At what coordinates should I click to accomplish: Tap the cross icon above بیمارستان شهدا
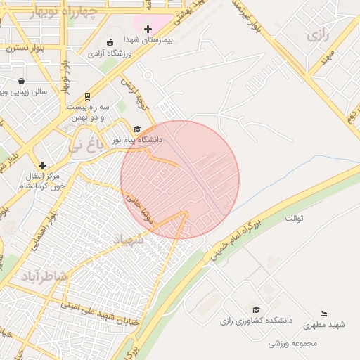pos(148,29)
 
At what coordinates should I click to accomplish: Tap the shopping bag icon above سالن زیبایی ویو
pos(21,81)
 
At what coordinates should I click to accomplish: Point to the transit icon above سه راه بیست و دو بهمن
pos(86,96)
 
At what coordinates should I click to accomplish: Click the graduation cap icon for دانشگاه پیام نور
pos(138,129)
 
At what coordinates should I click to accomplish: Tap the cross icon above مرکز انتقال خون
pos(42,165)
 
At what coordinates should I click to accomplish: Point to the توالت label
pos(294,217)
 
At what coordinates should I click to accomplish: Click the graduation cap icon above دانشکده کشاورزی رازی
pos(256,310)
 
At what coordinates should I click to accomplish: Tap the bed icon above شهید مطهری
pos(323,314)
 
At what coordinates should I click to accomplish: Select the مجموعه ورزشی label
pos(293,344)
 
